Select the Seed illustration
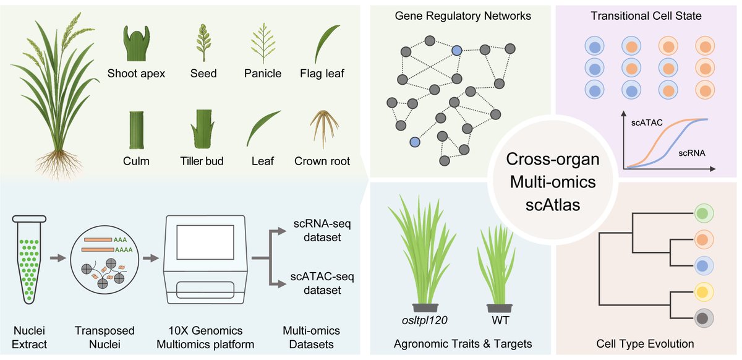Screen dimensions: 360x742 coord(203,42)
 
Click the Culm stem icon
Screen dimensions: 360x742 coord(137,129)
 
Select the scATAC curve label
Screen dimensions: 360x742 coord(646,122)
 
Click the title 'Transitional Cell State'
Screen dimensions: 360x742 coord(646,16)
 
